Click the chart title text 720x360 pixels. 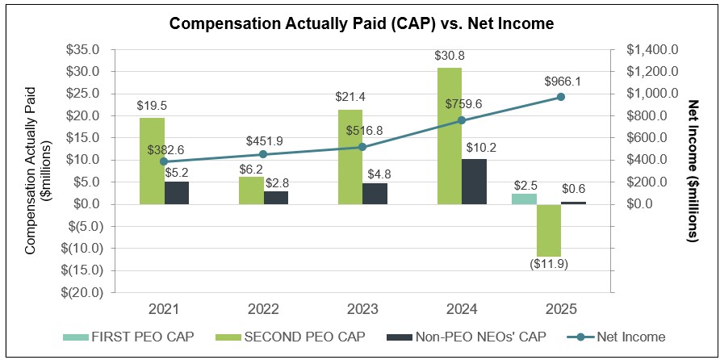[x=361, y=23]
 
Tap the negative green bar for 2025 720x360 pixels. [x=548, y=230]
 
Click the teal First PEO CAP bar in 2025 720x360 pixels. [x=523, y=199]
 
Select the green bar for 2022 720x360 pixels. [x=251, y=190]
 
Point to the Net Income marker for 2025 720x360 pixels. [x=560, y=98]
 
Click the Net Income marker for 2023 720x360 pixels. [x=362, y=147]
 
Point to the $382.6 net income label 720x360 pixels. [x=165, y=150]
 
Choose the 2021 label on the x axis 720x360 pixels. [x=164, y=308]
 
